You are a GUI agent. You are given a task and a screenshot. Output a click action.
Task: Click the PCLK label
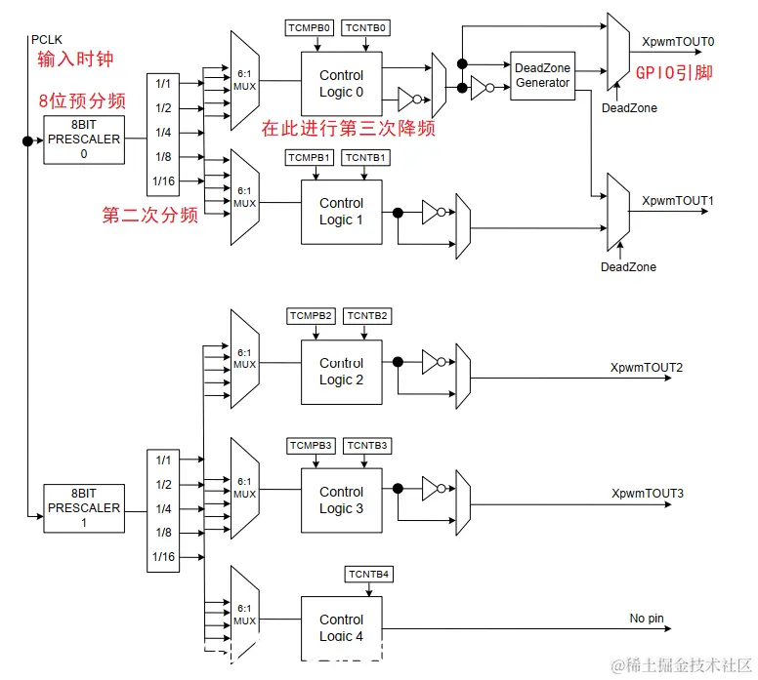click(x=45, y=38)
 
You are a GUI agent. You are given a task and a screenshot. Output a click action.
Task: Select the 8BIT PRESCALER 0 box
click(x=84, y=140)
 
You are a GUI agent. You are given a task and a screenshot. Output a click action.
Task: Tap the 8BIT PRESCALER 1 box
click(x=84, y=508)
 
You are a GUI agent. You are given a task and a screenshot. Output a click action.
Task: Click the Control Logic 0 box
click(x=341, y=83)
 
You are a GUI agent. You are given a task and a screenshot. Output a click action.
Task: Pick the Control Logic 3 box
click(x=341, y=500)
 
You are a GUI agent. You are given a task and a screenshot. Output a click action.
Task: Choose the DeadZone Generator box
click(x=542, y=75)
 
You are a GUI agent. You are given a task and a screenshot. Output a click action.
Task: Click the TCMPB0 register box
click(x=310, y=28)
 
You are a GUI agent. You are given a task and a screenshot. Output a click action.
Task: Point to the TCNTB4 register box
click(x=368, y=574)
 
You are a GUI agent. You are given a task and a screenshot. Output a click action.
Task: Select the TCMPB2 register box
click(x=312, y=316)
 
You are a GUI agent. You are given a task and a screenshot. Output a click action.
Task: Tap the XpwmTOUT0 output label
click(x=678, y=42)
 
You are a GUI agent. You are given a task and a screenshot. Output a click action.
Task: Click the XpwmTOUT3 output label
click(x=647, y=493)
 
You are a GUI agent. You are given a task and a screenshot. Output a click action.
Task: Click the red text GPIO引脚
click(x=675, y=72)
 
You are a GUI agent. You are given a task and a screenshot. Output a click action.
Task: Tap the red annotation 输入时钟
click(x=75, y=60)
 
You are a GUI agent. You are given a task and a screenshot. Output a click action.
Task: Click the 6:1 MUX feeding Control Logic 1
click(x=244, y=197)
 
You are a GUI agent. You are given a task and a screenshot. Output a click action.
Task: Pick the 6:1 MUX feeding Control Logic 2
click(x=244, y=358)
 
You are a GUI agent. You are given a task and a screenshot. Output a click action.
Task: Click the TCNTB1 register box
click(x=368, y=157)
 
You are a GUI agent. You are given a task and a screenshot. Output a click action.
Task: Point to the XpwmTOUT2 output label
click(x=647, y=367)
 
